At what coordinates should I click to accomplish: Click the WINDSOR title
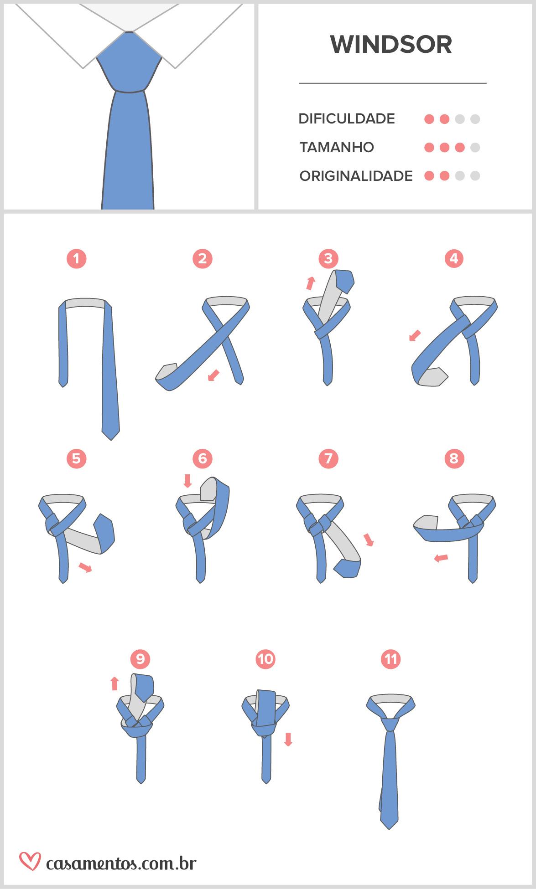(391, 44)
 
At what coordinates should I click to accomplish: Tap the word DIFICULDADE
(347, 119)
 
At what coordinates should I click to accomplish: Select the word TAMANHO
(337, 147)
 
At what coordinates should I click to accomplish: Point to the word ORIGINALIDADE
(356, 176)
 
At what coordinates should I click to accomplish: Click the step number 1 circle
(76, 259)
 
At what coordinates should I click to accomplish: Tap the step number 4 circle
(453, 259)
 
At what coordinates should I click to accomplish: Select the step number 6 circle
(203, 458)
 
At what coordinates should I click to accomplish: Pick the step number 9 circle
(140, 659)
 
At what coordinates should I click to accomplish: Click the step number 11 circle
(390, 659)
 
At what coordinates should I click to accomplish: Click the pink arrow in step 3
(311, 283)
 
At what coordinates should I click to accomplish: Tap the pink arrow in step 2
(213, 375)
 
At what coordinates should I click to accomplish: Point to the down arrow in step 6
(187, 481)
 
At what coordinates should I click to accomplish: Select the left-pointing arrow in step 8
(441, 558)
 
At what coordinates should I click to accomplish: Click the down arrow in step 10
(288, 739)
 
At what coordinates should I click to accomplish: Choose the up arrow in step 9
(114, 683)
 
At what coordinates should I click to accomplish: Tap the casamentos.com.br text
(121, 863)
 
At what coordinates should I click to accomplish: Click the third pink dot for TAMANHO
(460, 148)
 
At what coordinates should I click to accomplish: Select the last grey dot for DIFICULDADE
(475, 119)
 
